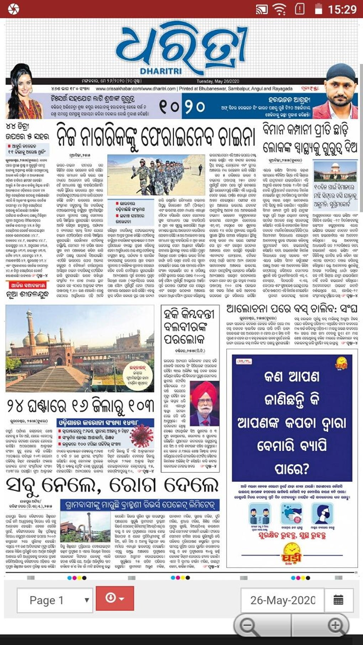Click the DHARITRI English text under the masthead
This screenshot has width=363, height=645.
(x=161, y=71)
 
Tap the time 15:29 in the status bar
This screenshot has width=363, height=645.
(x=342, y=9)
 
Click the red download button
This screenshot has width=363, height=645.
(x=115, y=598)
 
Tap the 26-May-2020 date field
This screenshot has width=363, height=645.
(x=283, y=600)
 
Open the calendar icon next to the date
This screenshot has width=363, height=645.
(x=338, y=600)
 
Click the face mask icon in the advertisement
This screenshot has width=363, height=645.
(x=322, y=513)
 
